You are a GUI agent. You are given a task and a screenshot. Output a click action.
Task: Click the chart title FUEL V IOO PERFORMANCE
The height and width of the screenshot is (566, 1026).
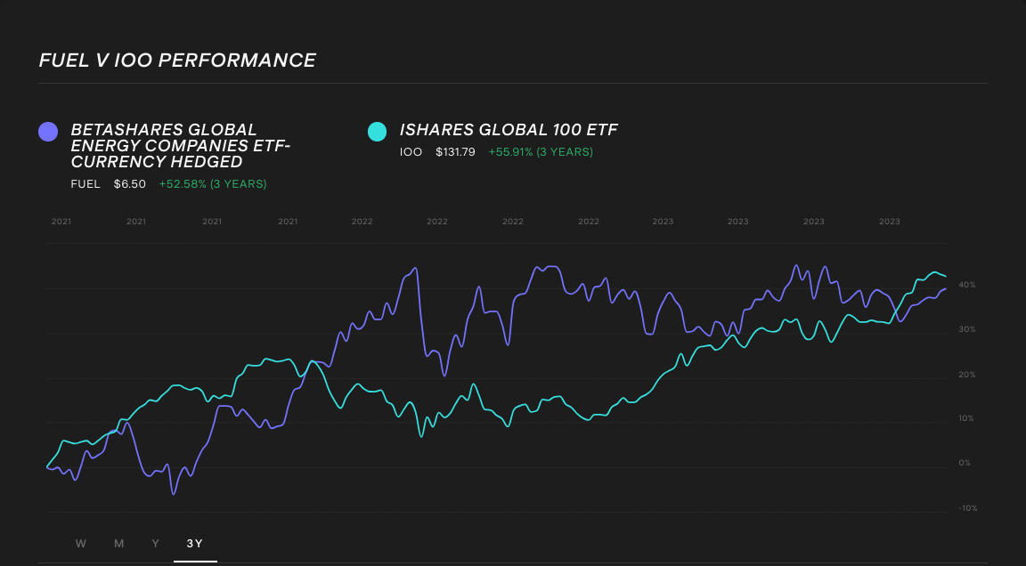[x=177, y=61]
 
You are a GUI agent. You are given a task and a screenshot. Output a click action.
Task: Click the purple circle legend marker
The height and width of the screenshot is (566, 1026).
[x=48, y=132]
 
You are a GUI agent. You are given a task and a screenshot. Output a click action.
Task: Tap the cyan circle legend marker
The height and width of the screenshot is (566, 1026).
[x=378, y=132]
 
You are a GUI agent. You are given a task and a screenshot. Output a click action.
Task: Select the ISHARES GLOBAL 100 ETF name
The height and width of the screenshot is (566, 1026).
[x=509, y=130]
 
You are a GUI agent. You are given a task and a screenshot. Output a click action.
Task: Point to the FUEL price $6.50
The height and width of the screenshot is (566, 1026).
[x=129, y=184]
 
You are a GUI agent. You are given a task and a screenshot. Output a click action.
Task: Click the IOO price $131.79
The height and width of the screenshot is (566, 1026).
[x=455, y=152]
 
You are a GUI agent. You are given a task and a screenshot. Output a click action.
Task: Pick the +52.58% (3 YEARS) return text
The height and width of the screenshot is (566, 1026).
[x=213, y=184]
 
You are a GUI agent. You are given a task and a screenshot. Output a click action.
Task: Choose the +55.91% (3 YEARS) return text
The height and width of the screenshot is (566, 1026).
[x=540, y=152]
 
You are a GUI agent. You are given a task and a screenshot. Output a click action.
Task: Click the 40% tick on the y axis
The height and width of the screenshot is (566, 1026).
[x=966, y=285]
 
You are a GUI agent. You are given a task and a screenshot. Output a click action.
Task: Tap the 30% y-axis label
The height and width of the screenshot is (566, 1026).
[x=966, y=329]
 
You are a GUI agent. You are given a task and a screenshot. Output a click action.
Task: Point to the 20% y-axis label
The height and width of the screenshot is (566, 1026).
[x=966, y=375]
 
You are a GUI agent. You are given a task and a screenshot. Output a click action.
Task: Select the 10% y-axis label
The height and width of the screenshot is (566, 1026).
[x=966, y=418]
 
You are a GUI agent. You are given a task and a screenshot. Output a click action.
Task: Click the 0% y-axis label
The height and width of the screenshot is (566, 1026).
[x=965, y=463]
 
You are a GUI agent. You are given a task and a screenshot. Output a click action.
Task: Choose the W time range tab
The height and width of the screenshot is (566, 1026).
[x=81, y=544]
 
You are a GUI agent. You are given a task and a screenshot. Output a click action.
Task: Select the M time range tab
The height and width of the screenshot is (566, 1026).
[x=118, y=544]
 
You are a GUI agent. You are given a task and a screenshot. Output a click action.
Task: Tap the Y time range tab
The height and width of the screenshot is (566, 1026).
[x=156, y=544]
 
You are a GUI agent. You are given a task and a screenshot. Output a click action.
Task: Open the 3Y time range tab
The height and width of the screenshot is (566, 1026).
[x=195, y=544]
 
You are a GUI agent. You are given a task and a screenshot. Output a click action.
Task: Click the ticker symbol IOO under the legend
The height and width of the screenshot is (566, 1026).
[x=411, y=152]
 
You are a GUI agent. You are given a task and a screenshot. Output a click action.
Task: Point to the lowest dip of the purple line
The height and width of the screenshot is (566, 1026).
[x=174, y=493]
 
